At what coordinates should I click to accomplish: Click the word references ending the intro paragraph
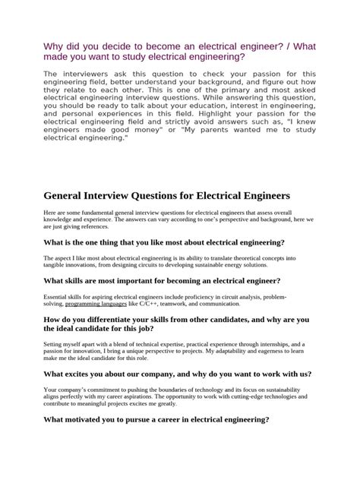tap(95, 226)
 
